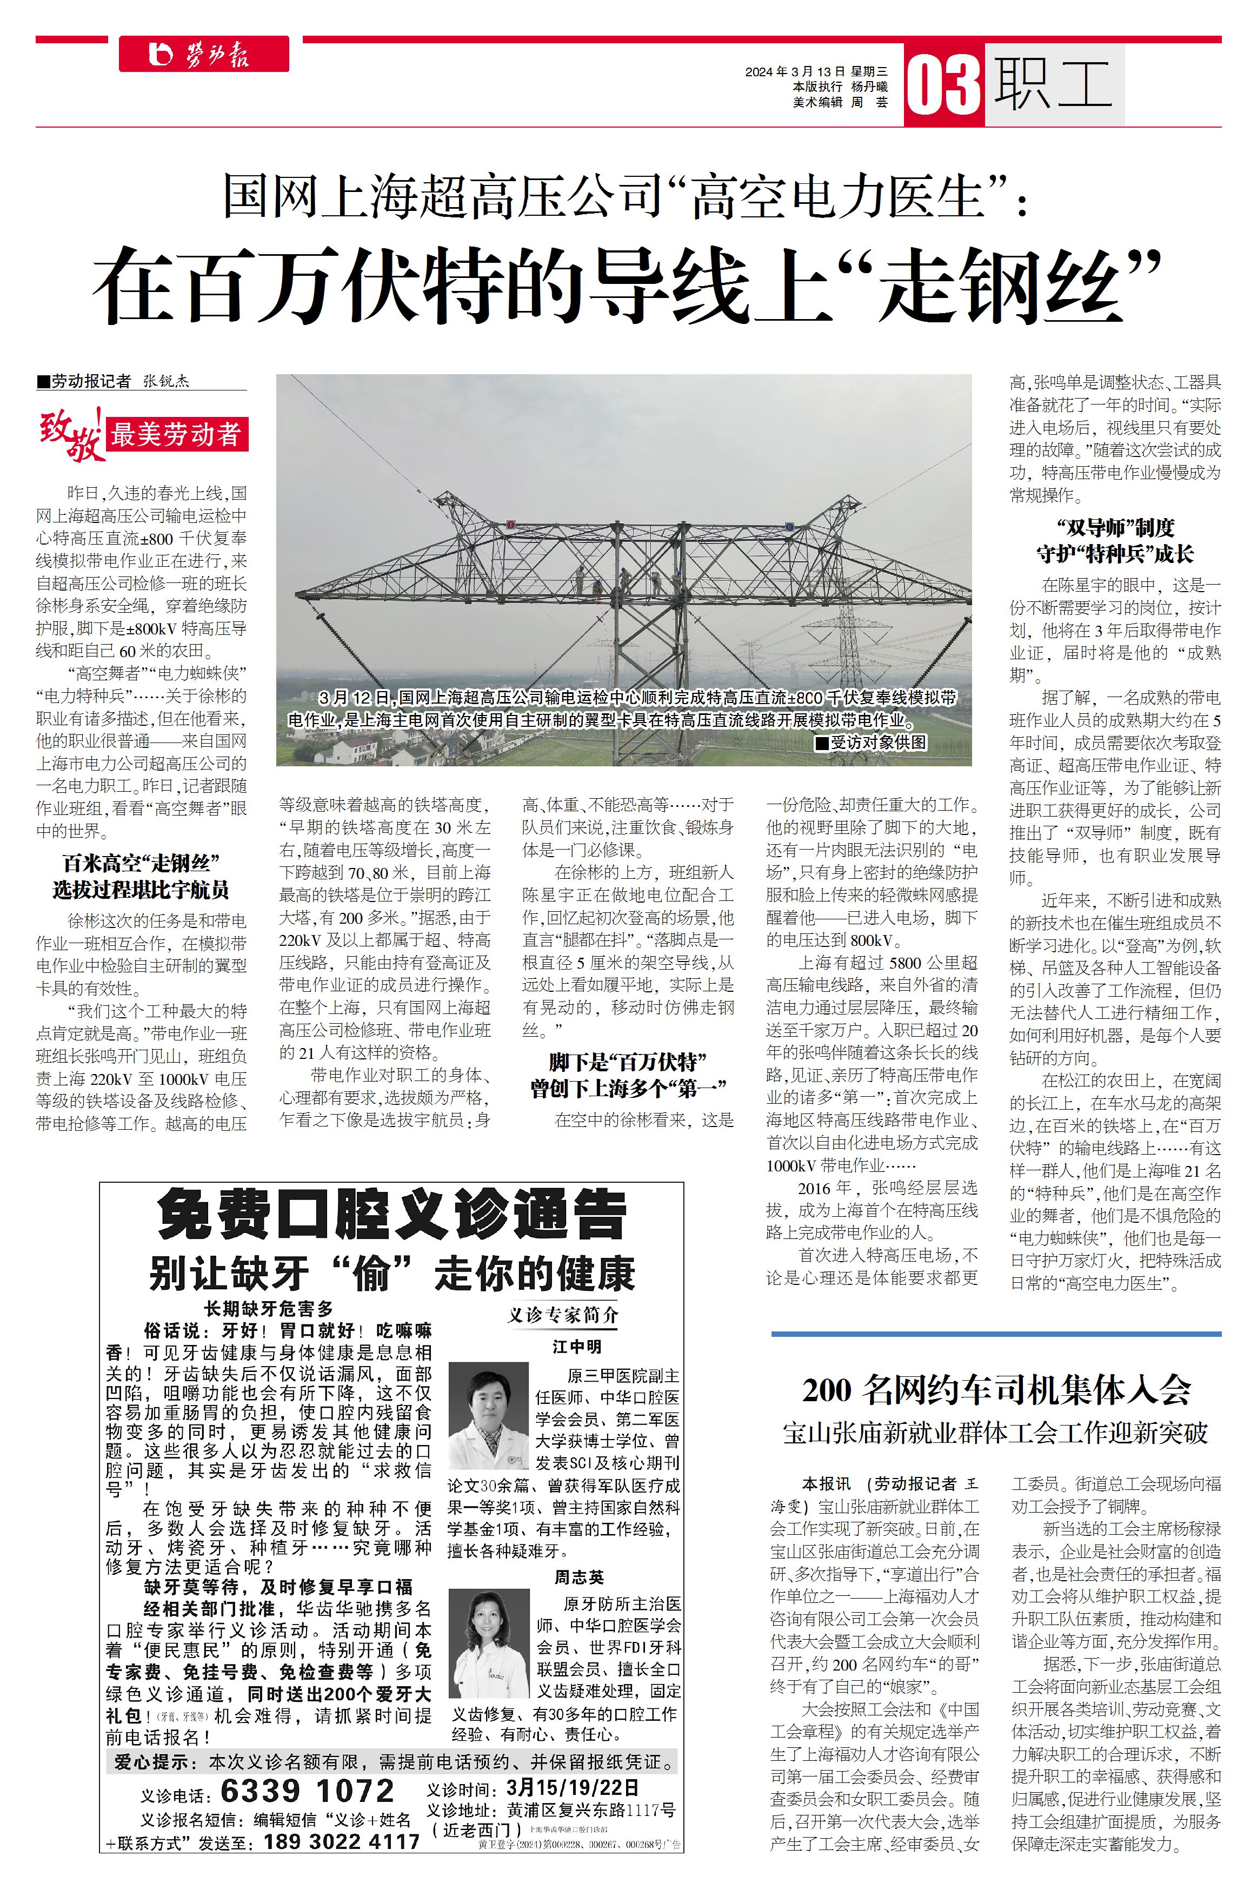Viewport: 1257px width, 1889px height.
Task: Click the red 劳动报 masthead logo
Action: click(204, 54)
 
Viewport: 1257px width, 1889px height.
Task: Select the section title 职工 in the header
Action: click(1053, 84)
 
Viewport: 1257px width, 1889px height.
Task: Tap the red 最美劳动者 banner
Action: click(176, 435)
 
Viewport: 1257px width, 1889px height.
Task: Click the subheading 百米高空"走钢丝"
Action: click(141, 864)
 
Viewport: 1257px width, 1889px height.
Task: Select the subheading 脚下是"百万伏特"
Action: click(628, 1062)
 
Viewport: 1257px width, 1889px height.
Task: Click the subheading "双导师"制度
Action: click(1115, 528)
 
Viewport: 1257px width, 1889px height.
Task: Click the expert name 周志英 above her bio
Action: click(579, 1577)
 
